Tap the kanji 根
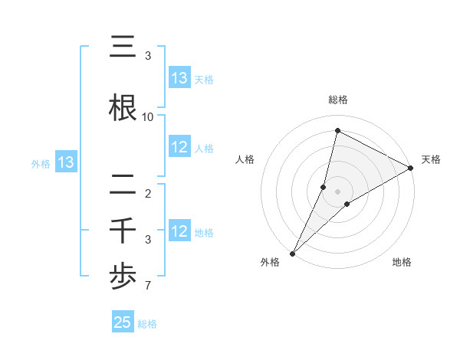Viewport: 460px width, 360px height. tap(123, 107)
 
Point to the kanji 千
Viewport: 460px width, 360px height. tap(123, 231)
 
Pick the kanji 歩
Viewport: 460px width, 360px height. tap(123, 277)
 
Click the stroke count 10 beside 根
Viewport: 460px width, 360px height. tap(148, 117)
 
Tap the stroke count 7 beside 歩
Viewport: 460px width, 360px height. tap(147, 286)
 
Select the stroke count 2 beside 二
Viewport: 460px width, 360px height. tap(147, 194)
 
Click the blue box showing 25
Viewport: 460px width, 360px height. tap(123, 322)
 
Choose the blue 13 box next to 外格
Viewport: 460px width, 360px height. tap(66, 162)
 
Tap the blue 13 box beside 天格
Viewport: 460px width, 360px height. tap(179, 78)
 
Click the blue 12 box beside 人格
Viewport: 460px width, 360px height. tap(179, 148)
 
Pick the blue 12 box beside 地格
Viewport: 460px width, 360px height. tap(179, 232)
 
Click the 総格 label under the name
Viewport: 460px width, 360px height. tap(147, 324)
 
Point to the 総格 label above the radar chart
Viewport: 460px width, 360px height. tap(337, 100)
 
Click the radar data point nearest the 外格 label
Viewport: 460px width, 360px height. tap(292, 254)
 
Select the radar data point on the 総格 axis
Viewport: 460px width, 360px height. tap(337, 131)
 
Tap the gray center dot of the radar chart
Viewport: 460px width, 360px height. tap(337, 191)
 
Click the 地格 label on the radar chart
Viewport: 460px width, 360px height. tap(402, 262)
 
